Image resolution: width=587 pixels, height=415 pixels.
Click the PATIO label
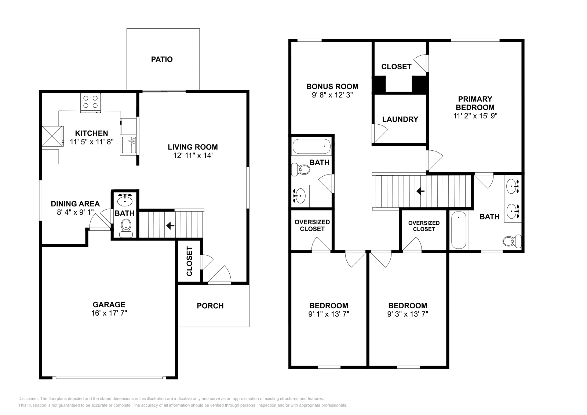tap(162, 59)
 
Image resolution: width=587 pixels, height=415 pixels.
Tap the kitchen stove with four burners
tap(90, 103)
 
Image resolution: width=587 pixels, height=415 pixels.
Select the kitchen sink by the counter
tap(129, 145)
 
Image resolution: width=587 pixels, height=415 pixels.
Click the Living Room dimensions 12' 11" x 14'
tap(193, 155)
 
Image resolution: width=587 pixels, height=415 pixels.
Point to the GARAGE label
tap(109, 305)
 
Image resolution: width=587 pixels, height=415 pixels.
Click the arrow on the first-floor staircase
tap(170, 225)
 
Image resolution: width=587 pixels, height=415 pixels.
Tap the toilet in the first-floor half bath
tap(126, 228)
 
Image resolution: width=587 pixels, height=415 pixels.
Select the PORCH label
tap(210, 306)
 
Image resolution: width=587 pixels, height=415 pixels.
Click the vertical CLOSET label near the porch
tap(189, 261)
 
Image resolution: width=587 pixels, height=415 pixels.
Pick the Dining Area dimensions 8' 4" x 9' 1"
tap(75, 212)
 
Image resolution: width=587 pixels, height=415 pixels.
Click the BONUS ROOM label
tap(332, 87)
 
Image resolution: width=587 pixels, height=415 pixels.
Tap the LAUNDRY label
tap(400, 120)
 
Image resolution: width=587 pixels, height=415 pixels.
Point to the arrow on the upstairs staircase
tap(420, 191)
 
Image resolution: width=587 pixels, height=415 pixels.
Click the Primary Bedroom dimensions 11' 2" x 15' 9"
tap(475, 116)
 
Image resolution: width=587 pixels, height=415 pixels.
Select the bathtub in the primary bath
tap(459, 230)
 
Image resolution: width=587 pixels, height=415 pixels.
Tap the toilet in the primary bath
tap(512, 241)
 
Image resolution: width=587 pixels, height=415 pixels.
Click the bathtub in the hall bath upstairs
tap(311, 146)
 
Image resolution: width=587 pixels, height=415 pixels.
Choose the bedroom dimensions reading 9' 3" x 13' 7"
tap(408, 314)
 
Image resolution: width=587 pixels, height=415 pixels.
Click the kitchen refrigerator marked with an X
tap(53, 136)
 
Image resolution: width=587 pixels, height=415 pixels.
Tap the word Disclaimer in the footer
tap(29, 399)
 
